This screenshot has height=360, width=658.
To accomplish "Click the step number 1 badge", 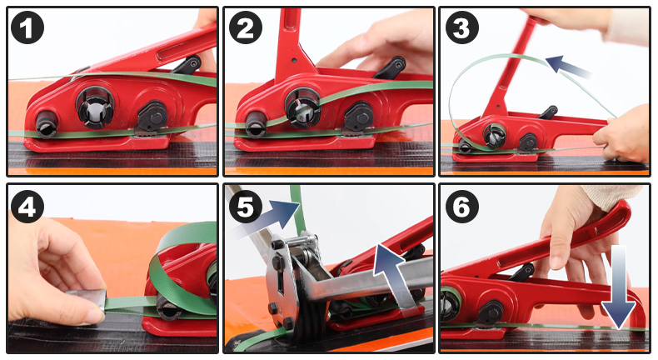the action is [x=27, y=27].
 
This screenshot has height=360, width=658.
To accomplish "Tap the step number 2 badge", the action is [x=246, y=27].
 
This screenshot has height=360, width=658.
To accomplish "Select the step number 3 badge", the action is [x=462, y=27].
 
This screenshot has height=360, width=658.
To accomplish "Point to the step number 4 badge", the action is [x=27, y=207].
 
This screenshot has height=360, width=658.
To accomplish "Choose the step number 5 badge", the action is [x=246, y=207].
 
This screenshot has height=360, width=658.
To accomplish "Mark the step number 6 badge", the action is [x=462, y=207].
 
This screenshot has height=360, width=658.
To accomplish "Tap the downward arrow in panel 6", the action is [x=618, y=287].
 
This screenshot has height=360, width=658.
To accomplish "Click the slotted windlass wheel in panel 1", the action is [x=95, y=107].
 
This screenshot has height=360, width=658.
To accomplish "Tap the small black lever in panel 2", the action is [x=391, y=68].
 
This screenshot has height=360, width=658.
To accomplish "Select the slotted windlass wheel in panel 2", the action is [x=302, y=107].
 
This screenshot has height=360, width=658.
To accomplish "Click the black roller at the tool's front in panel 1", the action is [x=47, y=124].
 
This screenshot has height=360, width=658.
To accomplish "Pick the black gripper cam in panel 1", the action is [x=151, y=117].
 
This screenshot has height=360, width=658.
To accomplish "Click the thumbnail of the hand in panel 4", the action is [x=92, y=317].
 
